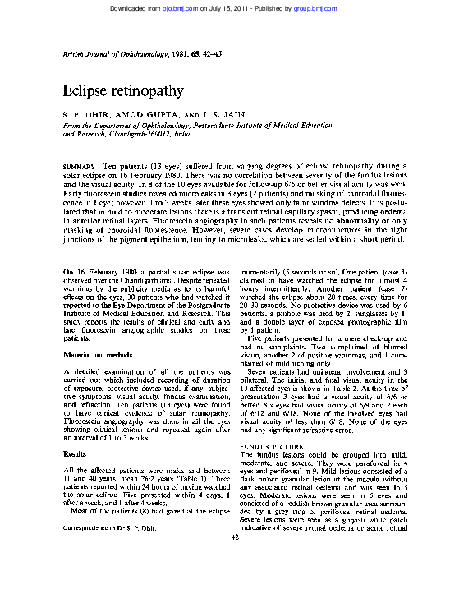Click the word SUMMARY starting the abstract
pos(79,166)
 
